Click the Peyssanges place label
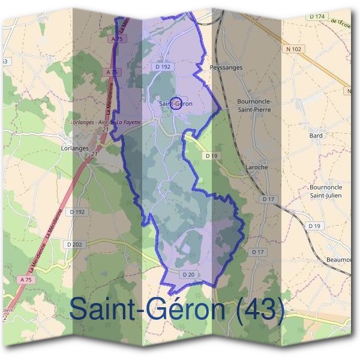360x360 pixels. pos(226,68)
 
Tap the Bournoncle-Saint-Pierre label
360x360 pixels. pos(254,106)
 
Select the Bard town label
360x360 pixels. pos(316,136)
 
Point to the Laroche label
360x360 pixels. pos(256,167)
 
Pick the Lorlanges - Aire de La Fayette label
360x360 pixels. pos(105,122)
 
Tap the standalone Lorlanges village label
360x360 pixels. pos(75,147)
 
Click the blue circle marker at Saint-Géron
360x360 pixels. pos(176,104)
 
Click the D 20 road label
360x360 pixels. pos(188,274)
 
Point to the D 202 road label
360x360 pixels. pos(74,244)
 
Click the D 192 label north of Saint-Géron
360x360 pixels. pos(163,67)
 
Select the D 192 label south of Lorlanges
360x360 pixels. pos(77,212)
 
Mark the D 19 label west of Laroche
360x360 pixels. pos(210,155)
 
